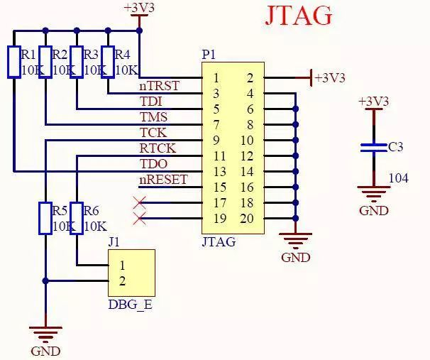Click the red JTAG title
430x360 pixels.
pos(298,16)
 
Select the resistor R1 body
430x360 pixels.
pos(13,62)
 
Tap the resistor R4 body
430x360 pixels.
pos(108,62)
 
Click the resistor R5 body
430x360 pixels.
pos(45,218)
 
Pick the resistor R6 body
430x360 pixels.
pos(76,218)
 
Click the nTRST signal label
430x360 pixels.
pos(159,86)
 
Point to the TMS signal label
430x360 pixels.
pos(154,116)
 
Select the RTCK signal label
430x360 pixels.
pos(158,148)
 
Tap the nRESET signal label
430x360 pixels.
pos(163,179)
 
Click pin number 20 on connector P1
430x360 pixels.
pos(246,219)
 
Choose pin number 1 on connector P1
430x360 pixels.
pos(216,77)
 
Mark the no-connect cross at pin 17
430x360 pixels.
pos(139,203)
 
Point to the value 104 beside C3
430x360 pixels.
pos(399,178)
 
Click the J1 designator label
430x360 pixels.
pos(114,241)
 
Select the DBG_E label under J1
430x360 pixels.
pos(130,305)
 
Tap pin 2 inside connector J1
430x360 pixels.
pos(122,280)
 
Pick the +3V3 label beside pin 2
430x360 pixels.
pos(330,77)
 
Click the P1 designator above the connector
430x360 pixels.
pos(209,55)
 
